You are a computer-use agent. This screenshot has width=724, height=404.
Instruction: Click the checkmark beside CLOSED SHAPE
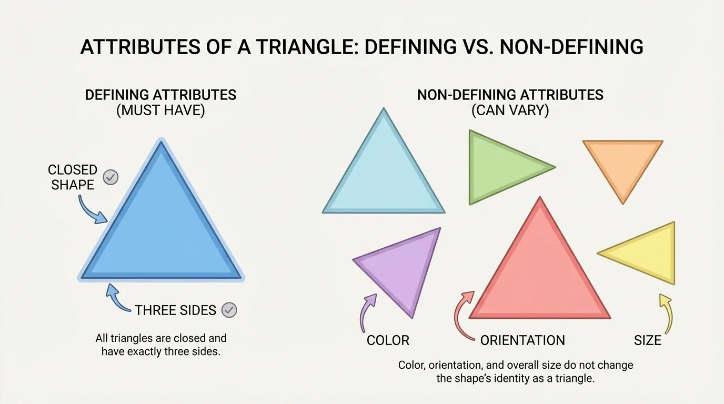(110, 177)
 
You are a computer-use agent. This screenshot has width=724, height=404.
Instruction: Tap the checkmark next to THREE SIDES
(229, 310)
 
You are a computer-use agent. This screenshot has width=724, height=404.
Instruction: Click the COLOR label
(388, 340)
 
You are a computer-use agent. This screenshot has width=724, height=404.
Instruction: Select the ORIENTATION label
(522, 340)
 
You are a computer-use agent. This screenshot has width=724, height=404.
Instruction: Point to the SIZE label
(647, 340)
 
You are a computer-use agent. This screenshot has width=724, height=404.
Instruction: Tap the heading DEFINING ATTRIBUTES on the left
(160, 95)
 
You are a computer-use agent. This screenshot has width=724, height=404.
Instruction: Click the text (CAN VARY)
(510, 111)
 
